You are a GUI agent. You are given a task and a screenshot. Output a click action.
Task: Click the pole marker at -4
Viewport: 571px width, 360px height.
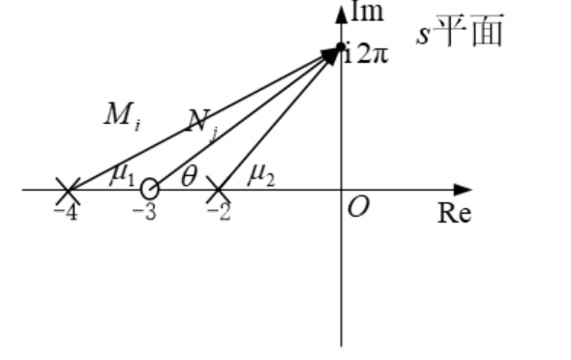[x=67, y=189]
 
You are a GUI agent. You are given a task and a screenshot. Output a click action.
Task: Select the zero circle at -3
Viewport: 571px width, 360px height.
[x=149, y=189]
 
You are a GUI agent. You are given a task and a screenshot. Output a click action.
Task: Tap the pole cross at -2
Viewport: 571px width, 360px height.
[x=219, y=189]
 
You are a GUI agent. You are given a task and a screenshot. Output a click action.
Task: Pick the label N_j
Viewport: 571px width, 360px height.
[x=201, y=122]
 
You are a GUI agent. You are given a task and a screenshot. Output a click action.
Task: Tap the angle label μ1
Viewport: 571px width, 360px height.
[x=122, y=174]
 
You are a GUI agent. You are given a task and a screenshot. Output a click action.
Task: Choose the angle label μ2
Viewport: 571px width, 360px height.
[x=262, y=174]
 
